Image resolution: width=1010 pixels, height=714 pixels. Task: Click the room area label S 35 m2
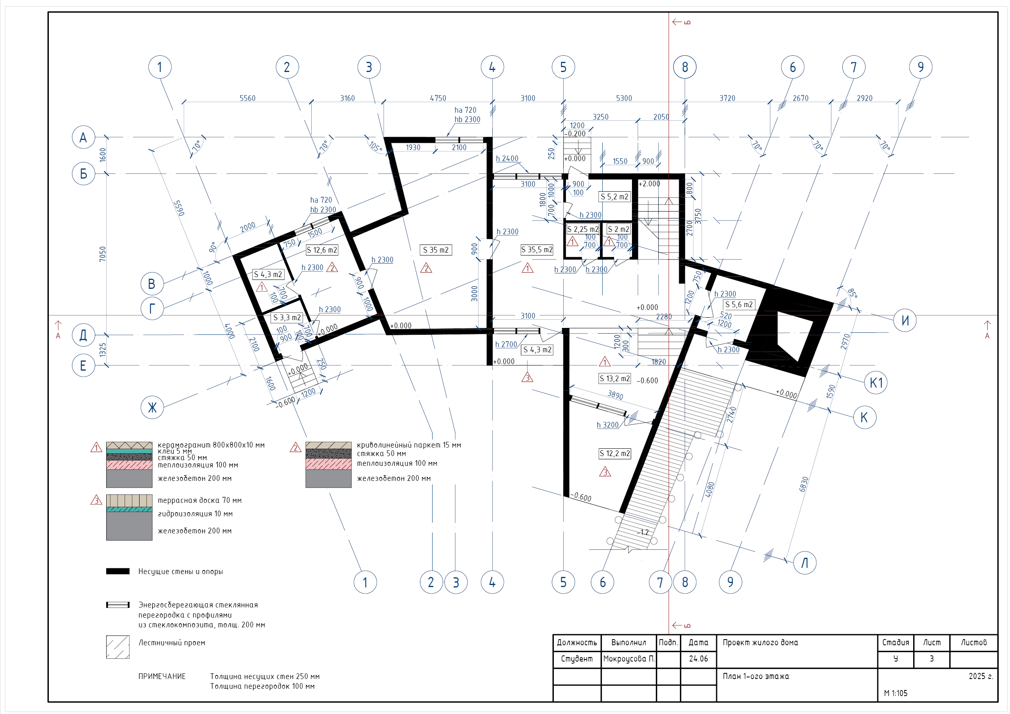435,250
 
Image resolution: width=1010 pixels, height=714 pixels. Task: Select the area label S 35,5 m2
537,250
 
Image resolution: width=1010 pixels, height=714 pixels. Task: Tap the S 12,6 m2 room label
322,250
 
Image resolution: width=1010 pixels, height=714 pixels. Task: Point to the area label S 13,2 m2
614,378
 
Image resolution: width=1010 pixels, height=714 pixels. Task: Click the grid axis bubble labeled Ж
152,407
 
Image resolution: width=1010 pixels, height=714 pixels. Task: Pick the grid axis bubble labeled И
905,320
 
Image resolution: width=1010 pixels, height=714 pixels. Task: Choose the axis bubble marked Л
805,563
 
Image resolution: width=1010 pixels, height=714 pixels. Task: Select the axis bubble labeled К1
875,382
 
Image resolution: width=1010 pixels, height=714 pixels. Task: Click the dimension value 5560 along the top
247,98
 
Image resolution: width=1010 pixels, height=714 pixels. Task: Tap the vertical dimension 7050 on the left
103,254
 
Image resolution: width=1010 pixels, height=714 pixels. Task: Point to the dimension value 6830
804,485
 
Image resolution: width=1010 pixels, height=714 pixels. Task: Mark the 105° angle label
375,146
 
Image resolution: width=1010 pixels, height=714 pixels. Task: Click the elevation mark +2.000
649,184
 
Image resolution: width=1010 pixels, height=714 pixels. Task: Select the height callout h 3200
608,425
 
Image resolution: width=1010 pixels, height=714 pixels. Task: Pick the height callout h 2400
507,158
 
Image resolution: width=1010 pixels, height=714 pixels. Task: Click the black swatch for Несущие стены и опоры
118,571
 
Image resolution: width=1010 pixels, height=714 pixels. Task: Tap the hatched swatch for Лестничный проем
118,647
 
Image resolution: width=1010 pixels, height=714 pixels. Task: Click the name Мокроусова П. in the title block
629,659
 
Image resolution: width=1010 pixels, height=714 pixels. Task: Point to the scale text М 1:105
896,693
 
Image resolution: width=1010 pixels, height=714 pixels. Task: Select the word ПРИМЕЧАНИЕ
162,676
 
